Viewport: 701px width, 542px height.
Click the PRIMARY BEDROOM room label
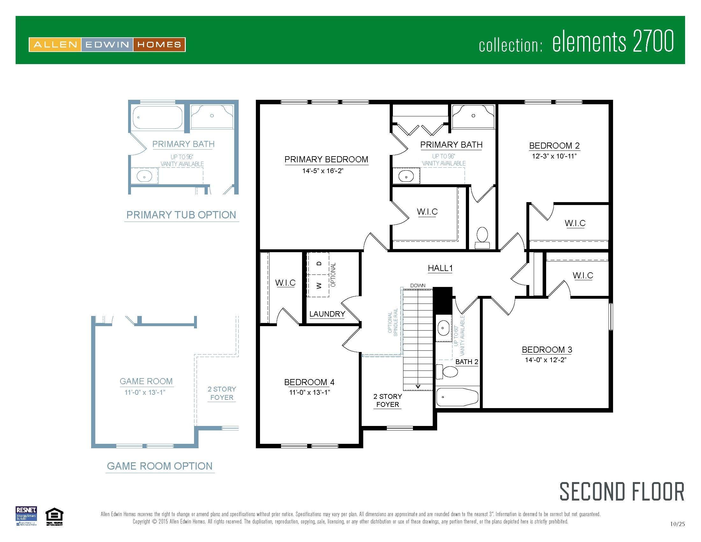[326, 159]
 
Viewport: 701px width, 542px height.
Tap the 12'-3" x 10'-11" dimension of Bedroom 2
[554, 156]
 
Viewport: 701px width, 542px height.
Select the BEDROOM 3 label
[546, 349]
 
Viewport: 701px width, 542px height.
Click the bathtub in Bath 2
[458, 397]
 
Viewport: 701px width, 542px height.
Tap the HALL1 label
[440, 268]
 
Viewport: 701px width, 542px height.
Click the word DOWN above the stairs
[418, 285]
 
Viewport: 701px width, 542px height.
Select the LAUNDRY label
[327, 314]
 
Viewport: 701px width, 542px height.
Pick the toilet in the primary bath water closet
[482, 238]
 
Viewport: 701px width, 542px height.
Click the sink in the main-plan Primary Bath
[406, 176]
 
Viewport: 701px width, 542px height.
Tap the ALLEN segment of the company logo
[55, 45]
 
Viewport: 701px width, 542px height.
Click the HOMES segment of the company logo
[159, 45]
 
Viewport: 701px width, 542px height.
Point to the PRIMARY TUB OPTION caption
[181, 215]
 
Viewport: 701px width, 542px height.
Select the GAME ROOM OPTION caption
[160, 466]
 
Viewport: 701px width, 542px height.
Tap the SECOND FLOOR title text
[622, 492]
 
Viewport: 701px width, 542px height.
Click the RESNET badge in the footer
[26, 516]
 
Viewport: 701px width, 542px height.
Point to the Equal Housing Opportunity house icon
[54, 515]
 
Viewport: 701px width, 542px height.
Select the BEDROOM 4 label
[309, 382]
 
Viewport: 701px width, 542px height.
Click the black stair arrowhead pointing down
[418, 387]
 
